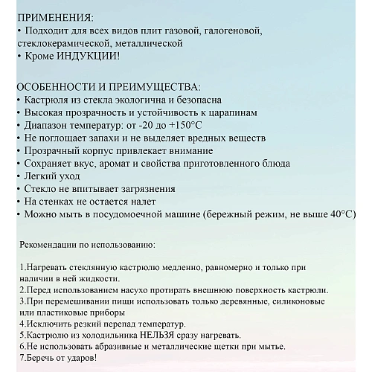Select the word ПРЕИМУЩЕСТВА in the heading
[155, 86]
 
